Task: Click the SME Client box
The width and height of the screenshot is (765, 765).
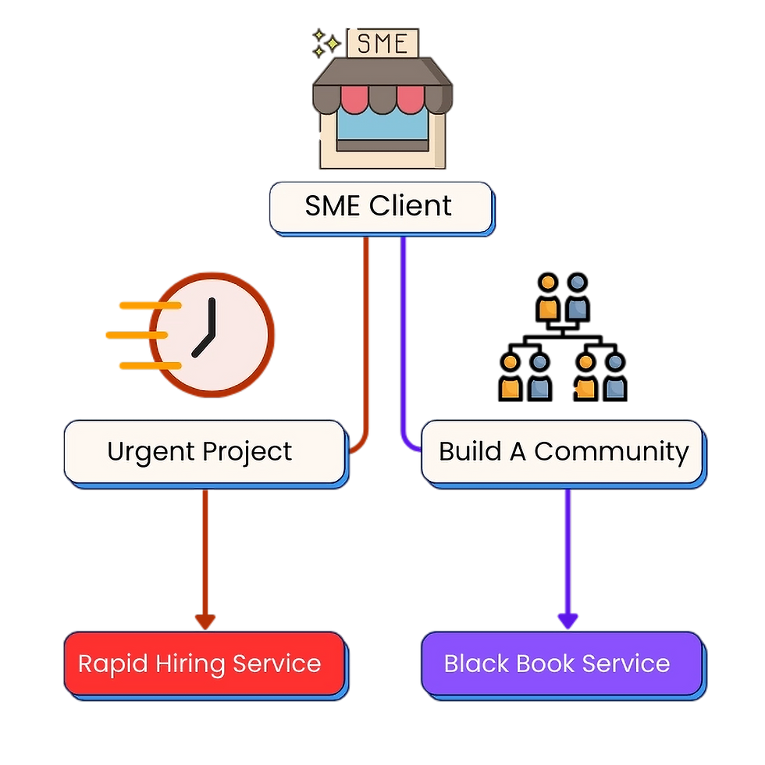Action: tap(379, 207)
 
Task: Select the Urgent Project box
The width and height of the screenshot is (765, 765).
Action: tap(203, 451)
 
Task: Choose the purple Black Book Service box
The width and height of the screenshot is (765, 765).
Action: tap(560, 664)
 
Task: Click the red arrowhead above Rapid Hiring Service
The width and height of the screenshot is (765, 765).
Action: tap(205, 621)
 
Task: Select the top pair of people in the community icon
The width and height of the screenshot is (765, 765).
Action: tap(563, 299)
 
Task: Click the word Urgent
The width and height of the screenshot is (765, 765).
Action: tap(151, 451)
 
